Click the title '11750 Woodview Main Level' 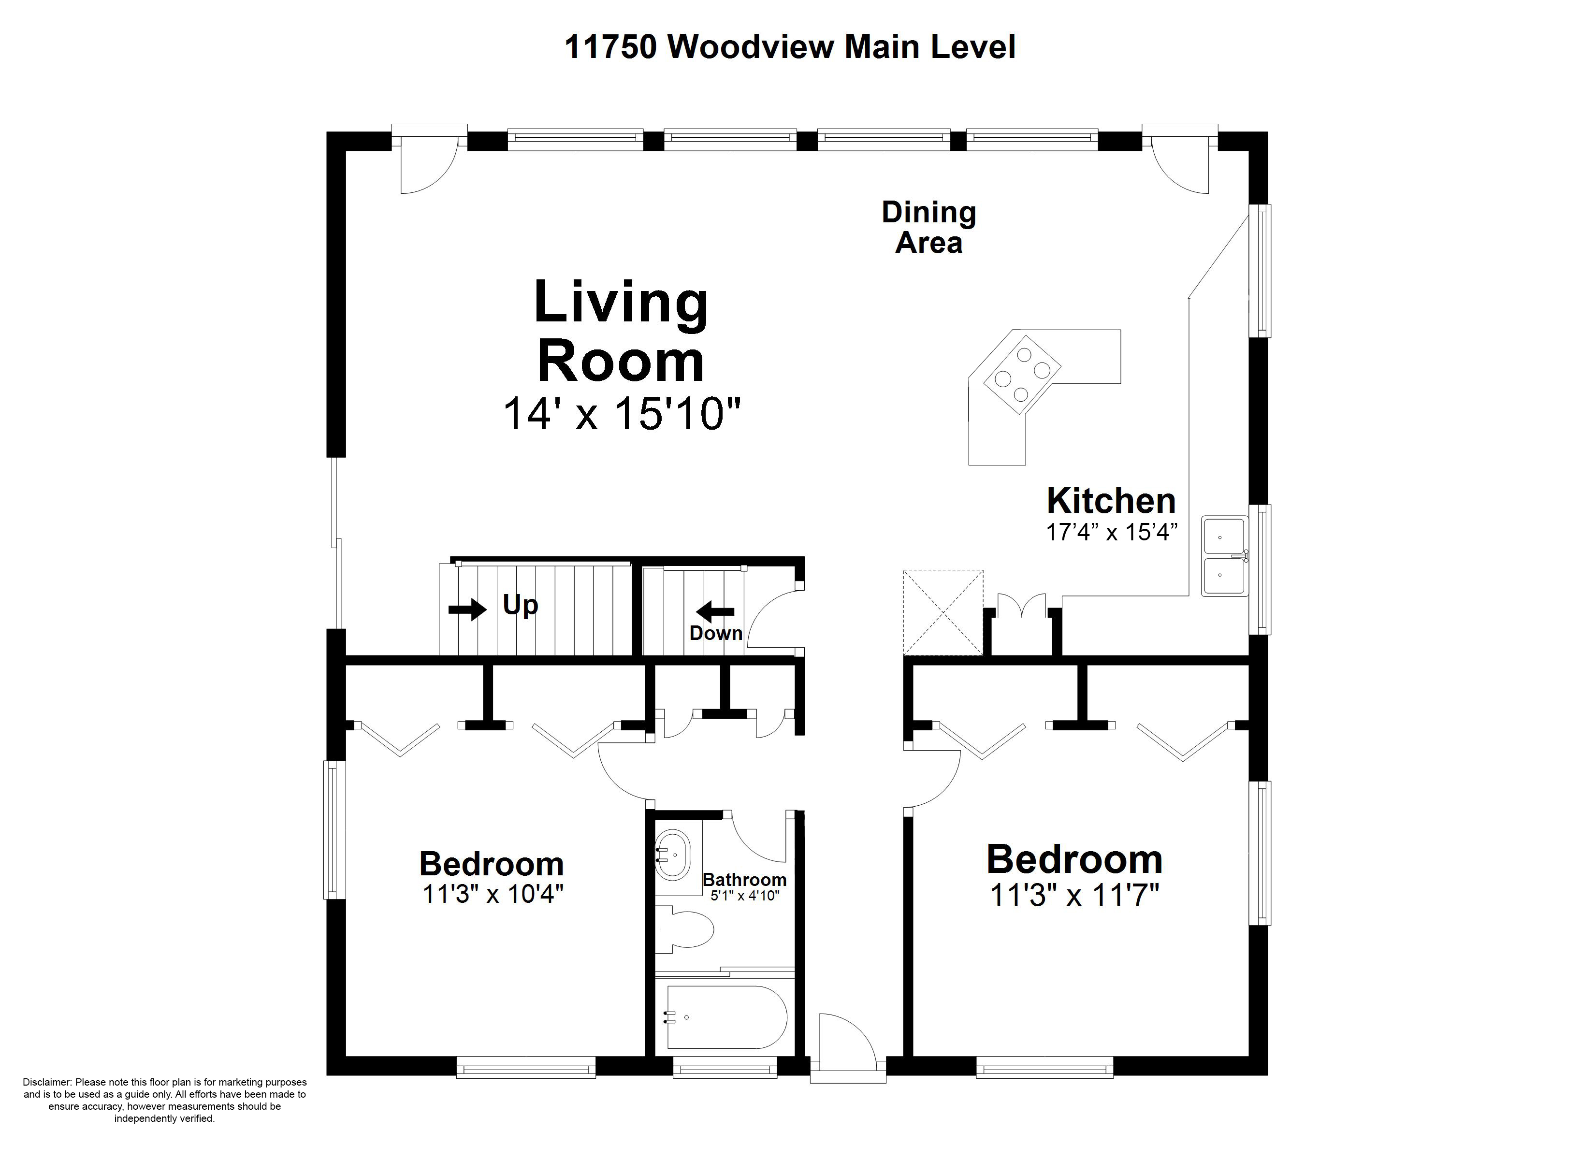tap(790, 47)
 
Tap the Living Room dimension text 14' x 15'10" tap(622, 414)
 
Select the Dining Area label tap(929, 227)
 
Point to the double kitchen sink tap(1224, 556)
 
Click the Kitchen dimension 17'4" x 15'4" tap(1112, 533)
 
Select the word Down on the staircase tap(716, 633)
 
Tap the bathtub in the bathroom tap(725, 1017)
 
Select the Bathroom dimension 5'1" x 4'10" tap(745, 896)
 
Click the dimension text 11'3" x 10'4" tap(493, 894)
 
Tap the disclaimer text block tap(164, 1100)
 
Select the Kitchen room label tap(1111, 501)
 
